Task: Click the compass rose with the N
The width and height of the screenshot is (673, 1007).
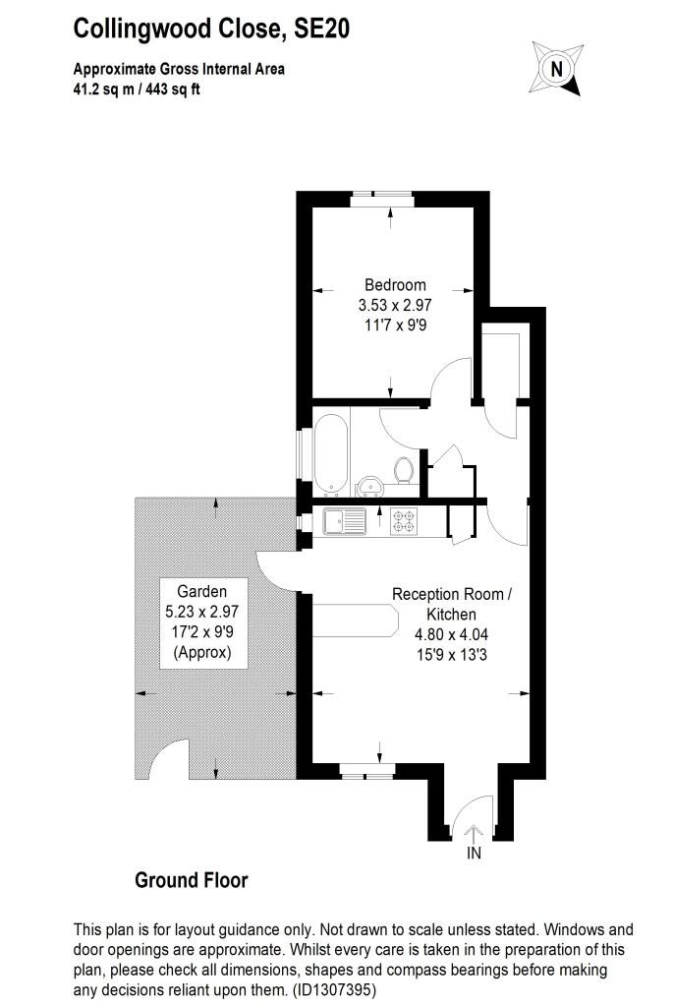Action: [556, 69]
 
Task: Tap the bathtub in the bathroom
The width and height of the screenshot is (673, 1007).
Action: [331, 455]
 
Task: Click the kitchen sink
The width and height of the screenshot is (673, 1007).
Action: [345, 521]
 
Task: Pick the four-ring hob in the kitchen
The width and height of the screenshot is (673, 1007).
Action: [404, 521]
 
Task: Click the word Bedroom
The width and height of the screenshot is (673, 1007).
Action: [395, 284]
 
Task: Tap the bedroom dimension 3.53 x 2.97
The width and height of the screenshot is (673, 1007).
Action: [395, 305]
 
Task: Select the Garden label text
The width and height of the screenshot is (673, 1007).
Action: [202, 591]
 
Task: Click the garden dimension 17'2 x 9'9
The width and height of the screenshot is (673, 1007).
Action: [202, 632]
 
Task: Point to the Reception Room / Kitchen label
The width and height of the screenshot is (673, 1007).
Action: [452, 604]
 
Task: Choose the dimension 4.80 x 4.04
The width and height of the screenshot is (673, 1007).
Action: [452, 634]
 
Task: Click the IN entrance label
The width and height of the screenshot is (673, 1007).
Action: [474, 853]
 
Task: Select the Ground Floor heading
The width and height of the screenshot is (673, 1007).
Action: [192, 880]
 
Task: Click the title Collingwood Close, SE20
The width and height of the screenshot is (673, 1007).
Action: [211, 29]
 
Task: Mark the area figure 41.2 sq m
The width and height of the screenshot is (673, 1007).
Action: [104, 89]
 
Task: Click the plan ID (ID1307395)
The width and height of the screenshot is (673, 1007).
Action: [334, 989]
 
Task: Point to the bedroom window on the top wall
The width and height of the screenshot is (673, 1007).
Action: [382, 199]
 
